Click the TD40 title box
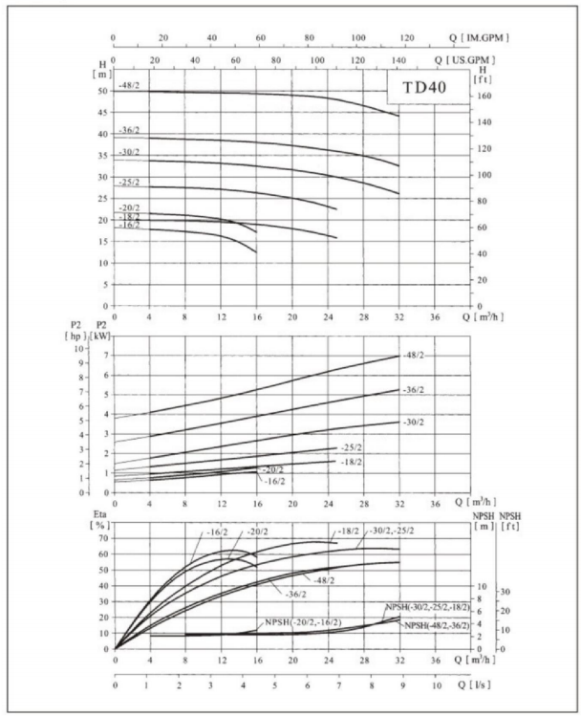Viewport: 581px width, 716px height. tap(428, 87)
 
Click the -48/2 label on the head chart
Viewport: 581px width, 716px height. tap(129, 85)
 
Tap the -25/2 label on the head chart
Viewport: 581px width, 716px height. tap(129, 183)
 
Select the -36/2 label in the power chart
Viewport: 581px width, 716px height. tap(414, 390)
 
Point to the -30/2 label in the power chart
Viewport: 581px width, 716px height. tap(414, 422)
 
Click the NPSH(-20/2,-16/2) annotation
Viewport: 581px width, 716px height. tap(303, 622)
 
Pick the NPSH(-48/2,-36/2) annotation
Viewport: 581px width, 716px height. tap(437, 625)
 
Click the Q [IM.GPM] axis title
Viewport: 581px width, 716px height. tap(479, 37)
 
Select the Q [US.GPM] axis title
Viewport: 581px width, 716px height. tap(464, 59)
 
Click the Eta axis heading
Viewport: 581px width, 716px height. tap(100, 514)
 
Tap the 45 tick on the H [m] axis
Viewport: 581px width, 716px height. tap(103, 113)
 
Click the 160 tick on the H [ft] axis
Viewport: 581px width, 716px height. tap(484, 96)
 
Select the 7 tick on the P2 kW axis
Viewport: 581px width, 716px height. tap(107, 356)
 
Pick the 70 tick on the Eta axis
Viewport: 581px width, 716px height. tap(103, 538)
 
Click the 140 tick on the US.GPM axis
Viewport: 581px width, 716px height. tap(398, 60)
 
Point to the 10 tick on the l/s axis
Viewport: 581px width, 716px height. tap(437, 685)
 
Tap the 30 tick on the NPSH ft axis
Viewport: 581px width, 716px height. tap(506, 592)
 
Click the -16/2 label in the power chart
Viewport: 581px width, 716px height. tap(274, 481)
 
